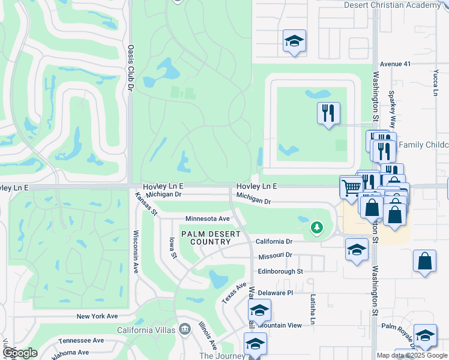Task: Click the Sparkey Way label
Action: pos(392,109)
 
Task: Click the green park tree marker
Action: pos(317,227)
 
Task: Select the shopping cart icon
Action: pos(351,187)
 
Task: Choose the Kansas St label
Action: pos(146,204)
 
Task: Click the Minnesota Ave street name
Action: pos(208,219)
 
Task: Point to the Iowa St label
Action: pos(173,247)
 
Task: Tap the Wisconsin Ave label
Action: pos(136,251)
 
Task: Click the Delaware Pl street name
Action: pos(275,293)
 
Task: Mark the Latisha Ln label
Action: pos(313,309)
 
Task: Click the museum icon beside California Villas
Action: pos(185,329)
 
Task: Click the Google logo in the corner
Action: pos(20,353)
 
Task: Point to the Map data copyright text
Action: pos(412,355)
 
